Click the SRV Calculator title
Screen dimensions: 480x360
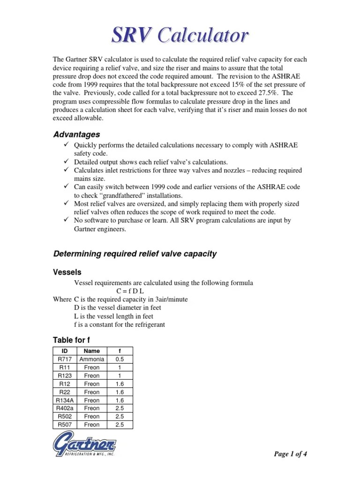[180, 35]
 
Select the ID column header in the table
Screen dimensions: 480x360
[65, 351]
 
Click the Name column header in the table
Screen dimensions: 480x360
[91, 351]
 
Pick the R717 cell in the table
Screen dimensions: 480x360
[65, 359]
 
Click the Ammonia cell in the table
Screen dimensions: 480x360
[91, 359]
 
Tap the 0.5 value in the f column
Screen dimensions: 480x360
[120, 359]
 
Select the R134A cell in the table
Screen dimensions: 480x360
[65, 400]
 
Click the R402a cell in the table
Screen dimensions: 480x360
[65, 408]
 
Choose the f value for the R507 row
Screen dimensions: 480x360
[120, 425]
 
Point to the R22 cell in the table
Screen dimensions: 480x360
[65, 392]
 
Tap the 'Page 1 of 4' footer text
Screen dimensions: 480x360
[291, 454]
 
